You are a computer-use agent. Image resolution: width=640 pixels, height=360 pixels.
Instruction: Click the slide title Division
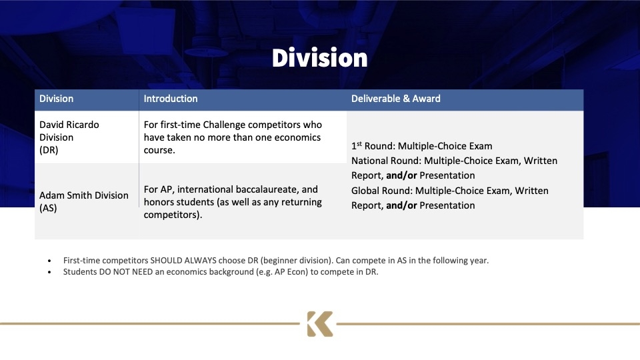(319, 57)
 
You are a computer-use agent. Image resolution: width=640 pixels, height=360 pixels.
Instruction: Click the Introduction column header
(171, 99)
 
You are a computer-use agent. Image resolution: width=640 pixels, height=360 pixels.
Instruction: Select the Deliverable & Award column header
(396, 99)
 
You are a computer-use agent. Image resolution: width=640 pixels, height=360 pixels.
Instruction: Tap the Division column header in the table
(56, 99)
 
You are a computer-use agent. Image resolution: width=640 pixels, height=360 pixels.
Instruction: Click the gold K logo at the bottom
(319, 324)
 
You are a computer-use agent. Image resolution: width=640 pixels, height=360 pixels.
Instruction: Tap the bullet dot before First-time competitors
(49, 261)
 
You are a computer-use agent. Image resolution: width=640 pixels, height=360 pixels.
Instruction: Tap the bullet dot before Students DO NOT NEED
(49, 272)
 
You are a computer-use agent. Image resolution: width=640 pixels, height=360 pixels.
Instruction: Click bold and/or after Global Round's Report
(401, 206)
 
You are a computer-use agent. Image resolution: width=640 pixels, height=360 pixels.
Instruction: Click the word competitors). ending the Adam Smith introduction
(173, 215)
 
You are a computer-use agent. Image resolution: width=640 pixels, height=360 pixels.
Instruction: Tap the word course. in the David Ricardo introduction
(159, 150)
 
